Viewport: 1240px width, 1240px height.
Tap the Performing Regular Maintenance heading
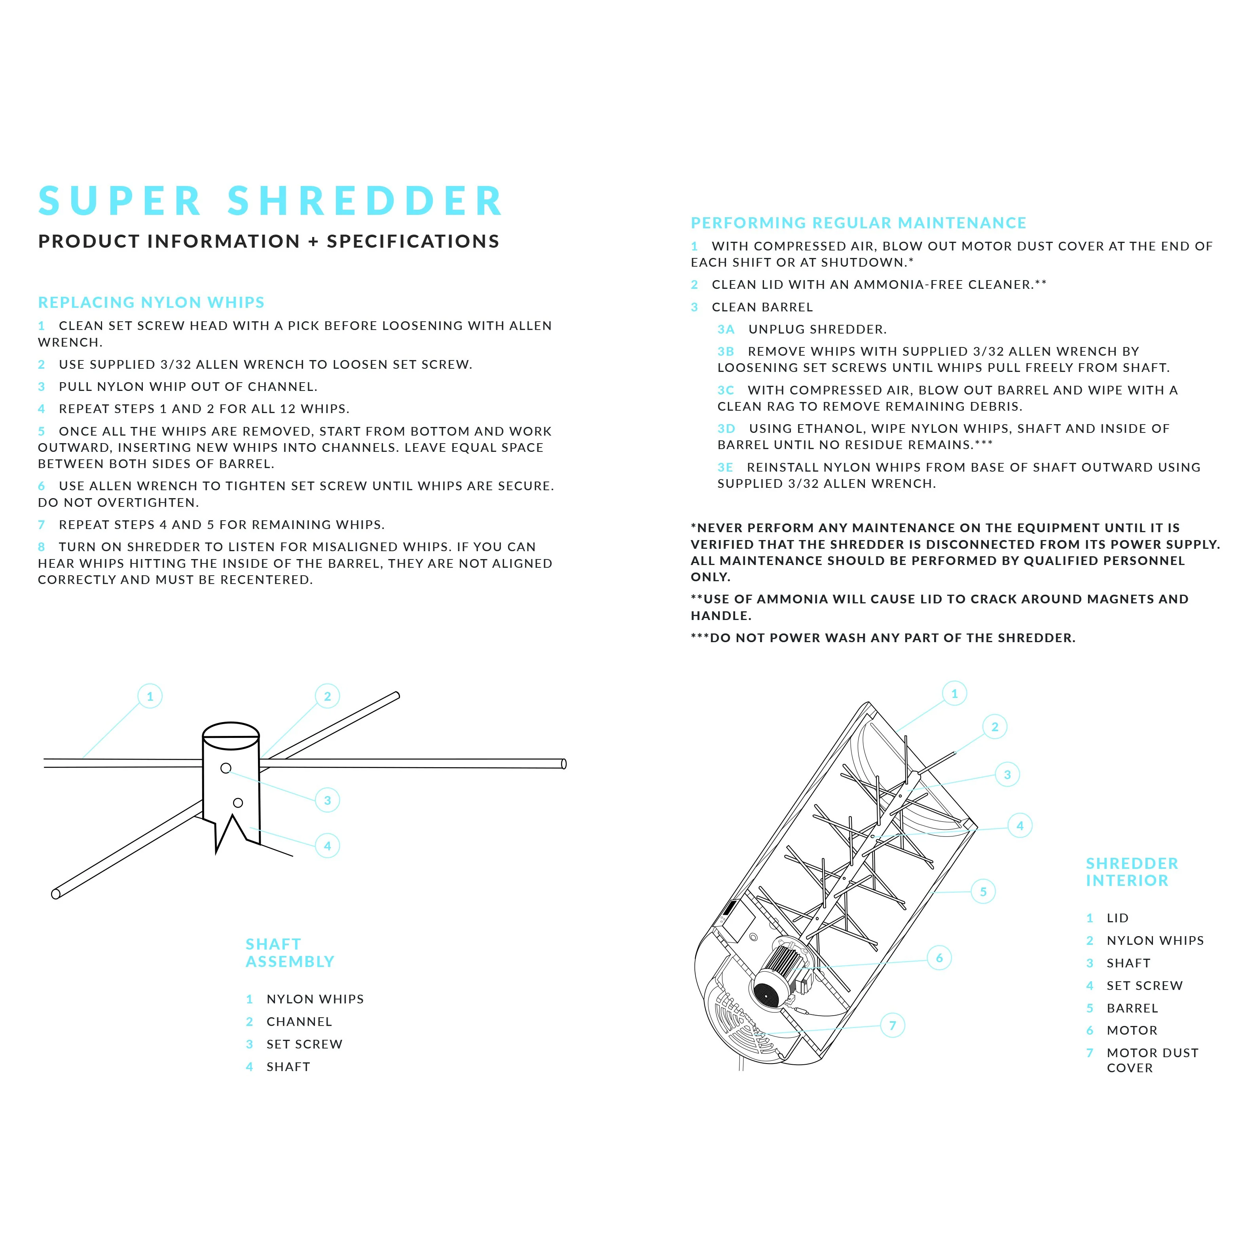[x=858, y=223]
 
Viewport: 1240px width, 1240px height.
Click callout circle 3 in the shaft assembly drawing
[x=327, y=800]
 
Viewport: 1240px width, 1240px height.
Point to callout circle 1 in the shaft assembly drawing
[x=150, y=696]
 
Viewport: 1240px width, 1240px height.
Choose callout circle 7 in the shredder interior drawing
[x=892, y=1026]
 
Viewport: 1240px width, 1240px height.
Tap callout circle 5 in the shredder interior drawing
[x=983, y=891]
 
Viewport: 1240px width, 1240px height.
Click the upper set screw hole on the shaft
[x=226, y=768]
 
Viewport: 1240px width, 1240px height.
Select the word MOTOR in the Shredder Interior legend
[x=1132, y=1031]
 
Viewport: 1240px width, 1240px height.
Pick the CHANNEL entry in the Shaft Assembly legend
[x=299, y=1022]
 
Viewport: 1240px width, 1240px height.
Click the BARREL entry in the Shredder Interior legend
[x=1132, y=1008]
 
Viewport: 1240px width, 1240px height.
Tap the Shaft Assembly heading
[x=290, y=953]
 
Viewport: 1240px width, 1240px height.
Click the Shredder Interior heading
[x=1132, y=872]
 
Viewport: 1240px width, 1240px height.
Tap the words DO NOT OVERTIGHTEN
[x=119, y=502]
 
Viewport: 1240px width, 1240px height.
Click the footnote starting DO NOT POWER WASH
[x=883, y=638]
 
